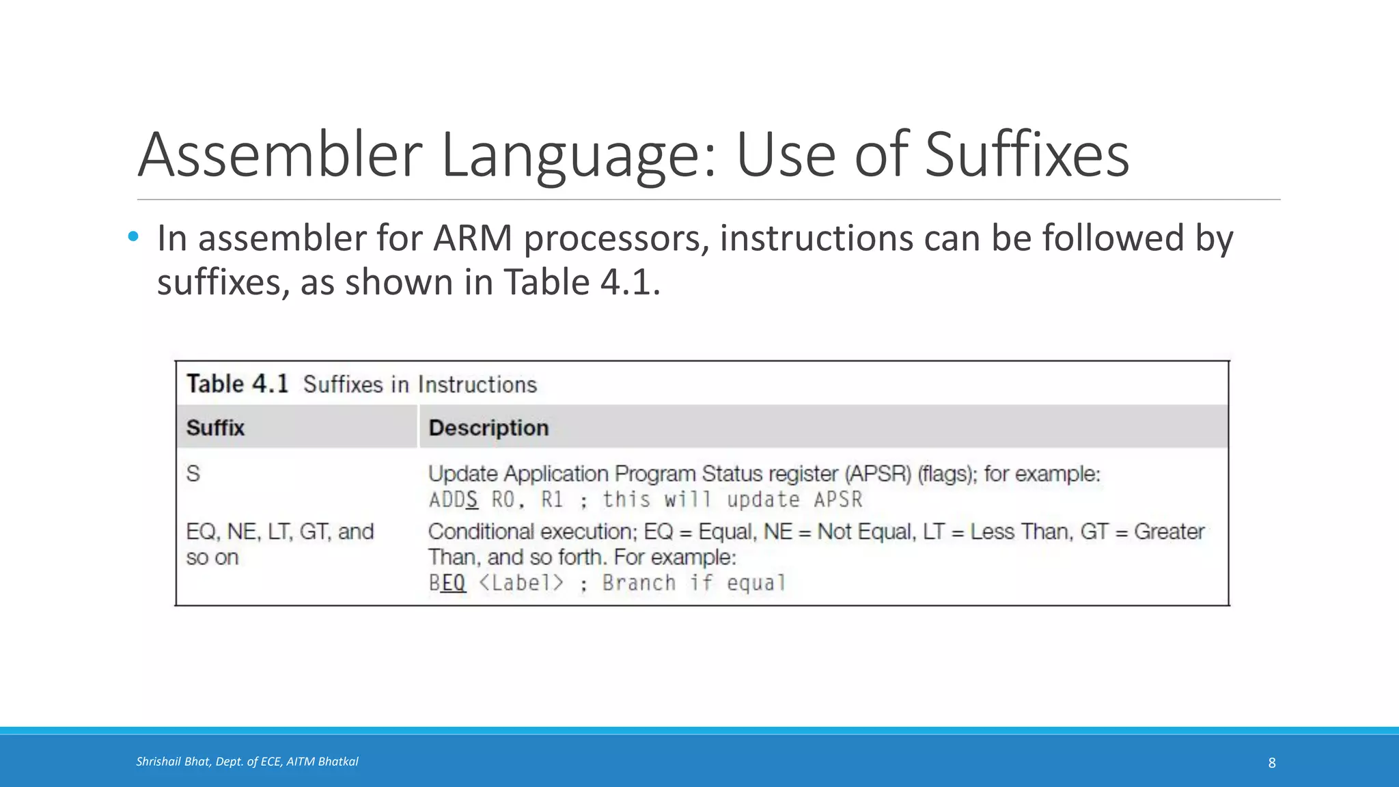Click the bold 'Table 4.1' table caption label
coord(238,384)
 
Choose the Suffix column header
coord(215,428)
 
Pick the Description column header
coord(488,428)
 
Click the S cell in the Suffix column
coord(193,473)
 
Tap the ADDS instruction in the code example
coord(454,500)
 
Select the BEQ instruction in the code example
coord(447,583)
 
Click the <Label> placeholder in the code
coord(521,583)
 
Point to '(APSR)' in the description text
coord(878,473)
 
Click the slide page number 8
coord(1272,762)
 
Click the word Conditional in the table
coord(481,531)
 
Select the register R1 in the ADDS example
coord(552,500)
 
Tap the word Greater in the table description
coord(1169,531)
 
